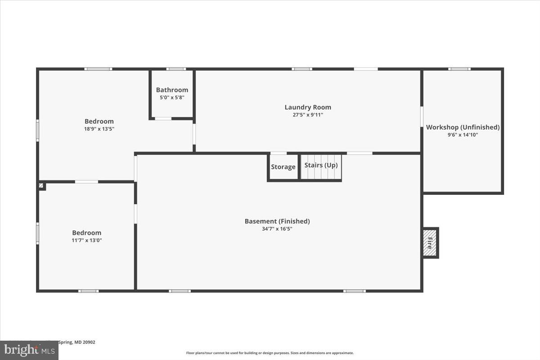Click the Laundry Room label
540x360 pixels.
tap(308, 107)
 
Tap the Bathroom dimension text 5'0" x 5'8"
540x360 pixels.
tap(172, 97)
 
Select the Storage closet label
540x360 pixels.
tap(283, 167)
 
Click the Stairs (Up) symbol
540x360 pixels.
tap(321, 167)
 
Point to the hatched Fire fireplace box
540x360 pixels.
tap(430, 243)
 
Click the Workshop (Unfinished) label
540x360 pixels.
tap(463, 127)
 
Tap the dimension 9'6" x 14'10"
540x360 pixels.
tap(463, 135)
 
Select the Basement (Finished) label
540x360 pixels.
tap(277, 221)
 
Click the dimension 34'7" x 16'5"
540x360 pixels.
tap(277, 229)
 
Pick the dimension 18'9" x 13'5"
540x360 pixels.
tap(99, 129)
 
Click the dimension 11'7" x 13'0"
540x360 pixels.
tap(86, 240)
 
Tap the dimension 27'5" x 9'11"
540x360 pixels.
tap(308, 115)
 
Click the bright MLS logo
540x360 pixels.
tap(29, 350)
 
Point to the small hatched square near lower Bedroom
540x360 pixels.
tap(41, 185)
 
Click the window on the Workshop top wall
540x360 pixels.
tap(459, 69)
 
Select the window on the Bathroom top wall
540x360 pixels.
tap(176, 69)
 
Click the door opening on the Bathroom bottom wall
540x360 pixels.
tap(163, 118)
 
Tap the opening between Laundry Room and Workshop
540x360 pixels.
tap(422, 116)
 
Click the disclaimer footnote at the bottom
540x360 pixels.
tap(270, 353)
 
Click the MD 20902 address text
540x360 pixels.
tap(81, 342)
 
